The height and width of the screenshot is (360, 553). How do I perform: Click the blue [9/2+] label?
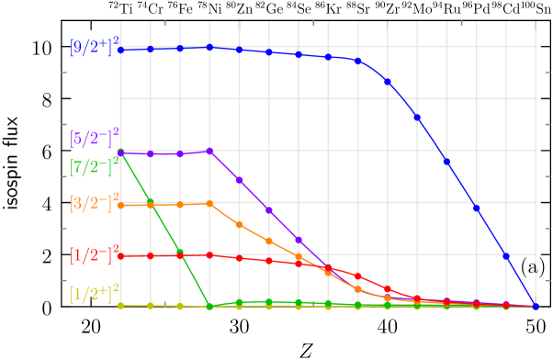point(95,45)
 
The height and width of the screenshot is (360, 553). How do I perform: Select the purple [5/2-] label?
point(95,139)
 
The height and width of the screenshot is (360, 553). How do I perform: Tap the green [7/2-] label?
point(95,167)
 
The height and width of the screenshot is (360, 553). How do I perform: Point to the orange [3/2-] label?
point(95,202)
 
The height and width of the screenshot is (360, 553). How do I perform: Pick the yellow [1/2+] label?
point(95,293)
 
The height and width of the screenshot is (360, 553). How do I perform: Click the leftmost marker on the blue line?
point(120,49)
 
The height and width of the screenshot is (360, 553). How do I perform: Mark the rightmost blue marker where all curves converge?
point(536,306)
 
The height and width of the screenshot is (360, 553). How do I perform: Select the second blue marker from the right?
point(506,256)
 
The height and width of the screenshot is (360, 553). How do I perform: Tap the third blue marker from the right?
point(477,208)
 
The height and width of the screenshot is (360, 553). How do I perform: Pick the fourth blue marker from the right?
point(446,161)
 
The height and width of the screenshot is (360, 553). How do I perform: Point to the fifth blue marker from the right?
point(417,117)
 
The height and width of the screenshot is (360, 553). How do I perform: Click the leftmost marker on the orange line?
point(120,205)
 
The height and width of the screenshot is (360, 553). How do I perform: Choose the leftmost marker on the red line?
point(120,255)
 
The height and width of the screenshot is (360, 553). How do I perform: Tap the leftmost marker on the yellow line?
point(120,305)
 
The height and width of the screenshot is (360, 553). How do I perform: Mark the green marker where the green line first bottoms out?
point(209,306)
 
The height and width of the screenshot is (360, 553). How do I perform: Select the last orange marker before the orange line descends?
point(209,203)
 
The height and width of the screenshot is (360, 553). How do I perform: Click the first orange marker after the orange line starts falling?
point(239,224)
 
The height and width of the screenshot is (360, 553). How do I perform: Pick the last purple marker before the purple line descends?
point(209,151)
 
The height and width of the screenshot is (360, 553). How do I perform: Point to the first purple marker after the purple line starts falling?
point(239,179)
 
